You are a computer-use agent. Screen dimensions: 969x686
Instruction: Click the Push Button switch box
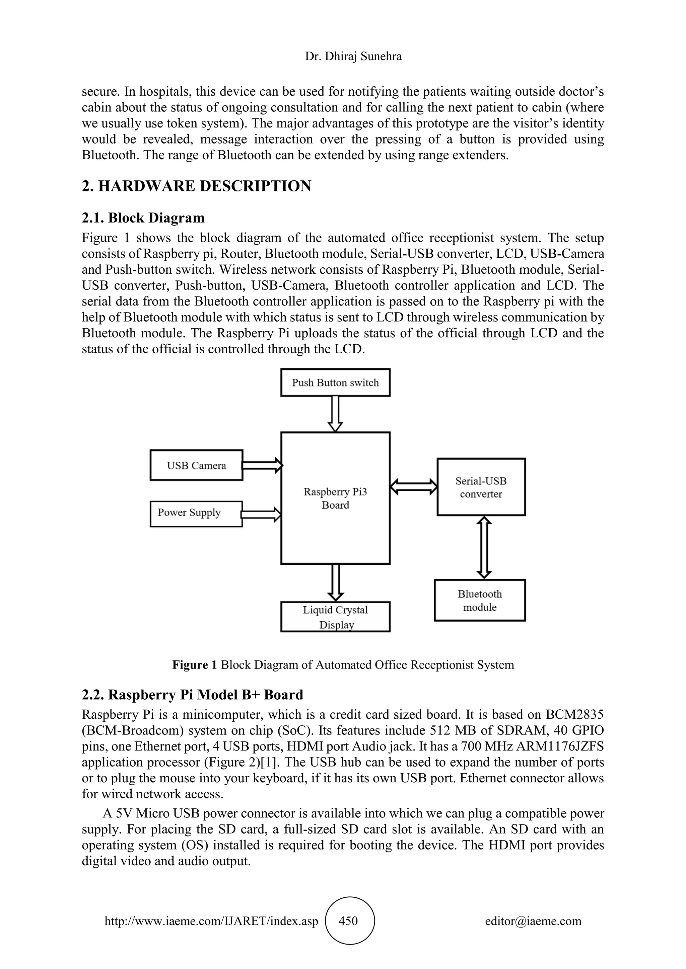pyautogui.click(x=335, y=382)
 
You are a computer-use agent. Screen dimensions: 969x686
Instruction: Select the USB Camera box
pyautogui.click(x=196, y=465)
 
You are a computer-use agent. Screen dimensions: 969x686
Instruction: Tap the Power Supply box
pyautogui.click(x=196, y=514)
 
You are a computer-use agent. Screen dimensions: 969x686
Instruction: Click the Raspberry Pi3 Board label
pyautogui.click(x=335, y=499)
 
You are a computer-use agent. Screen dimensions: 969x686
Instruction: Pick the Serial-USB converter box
pyautogui.click(x=481, y=487)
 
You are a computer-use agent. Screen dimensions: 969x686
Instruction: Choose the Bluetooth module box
pyautogui.click(x=480, y=600)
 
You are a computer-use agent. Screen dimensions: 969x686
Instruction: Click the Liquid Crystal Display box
pyautogui.click(x=335, y=617)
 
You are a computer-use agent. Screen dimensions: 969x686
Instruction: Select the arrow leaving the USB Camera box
pyautogui.click(x=262, y=465)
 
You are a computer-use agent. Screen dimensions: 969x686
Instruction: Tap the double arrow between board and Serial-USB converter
pyautogui.click(x=414, y=486)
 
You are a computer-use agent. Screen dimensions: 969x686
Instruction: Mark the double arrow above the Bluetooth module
pyautogui.click(x=484, y=547)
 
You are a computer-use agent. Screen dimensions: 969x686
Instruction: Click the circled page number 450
pyautogui.click(x=350, y=920)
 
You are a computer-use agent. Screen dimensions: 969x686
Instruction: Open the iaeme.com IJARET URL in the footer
pyautogui.click(x=211, y=921)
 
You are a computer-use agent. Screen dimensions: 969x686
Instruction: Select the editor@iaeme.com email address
pyautogui.click(x=533, y=921)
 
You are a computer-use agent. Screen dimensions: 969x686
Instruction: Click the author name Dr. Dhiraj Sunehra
pyautogui.click(x=353, y=56)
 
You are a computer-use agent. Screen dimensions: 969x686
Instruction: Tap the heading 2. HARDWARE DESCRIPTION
pyautogui.click(x=196, y=186)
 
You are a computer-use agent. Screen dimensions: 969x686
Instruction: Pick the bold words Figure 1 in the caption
pyautogui.click(x=194, y=665)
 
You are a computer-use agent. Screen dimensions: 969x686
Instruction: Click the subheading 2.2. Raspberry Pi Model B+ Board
pyautogui.click(x=193, y=695)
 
